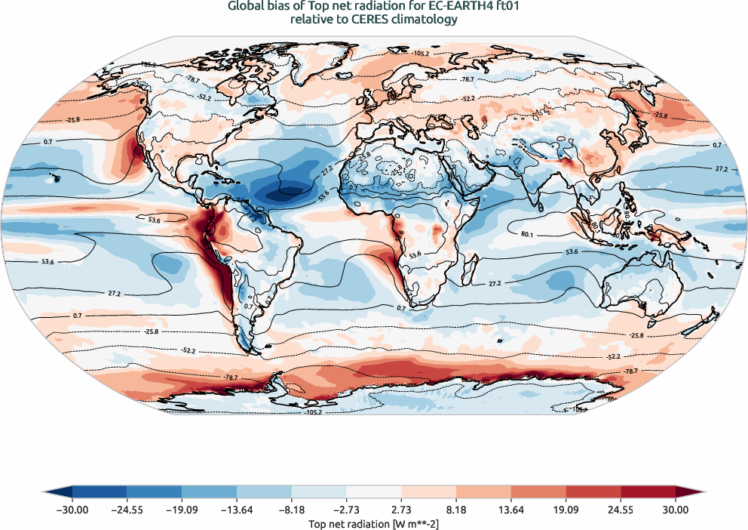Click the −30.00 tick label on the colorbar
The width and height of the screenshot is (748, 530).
point(72,510)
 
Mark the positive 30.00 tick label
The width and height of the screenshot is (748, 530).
point(676,510)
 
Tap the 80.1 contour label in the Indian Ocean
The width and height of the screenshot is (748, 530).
point(527,235)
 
